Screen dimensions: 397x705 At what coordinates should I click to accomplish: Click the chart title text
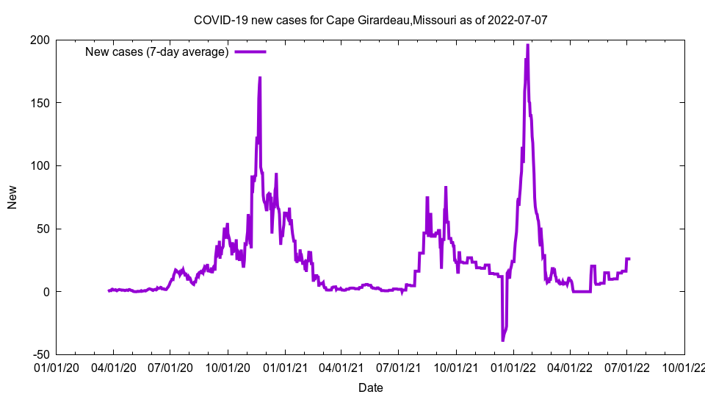(370, 20)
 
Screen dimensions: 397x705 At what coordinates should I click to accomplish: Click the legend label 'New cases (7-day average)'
(157, 51)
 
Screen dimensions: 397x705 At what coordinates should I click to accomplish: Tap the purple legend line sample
(250, 51)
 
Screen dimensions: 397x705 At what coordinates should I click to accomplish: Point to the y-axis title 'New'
(12, 197)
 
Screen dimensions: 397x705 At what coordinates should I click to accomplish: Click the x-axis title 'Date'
(370, 387)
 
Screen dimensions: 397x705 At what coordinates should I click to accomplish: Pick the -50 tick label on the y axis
(39, 354)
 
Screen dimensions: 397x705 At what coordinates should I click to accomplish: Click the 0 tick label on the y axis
(46, 291)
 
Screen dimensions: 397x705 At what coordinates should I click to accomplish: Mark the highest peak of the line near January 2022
(527, 45)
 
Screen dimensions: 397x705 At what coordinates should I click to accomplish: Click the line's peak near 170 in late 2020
(260, 78)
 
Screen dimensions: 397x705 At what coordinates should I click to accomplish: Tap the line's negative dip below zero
(503, 340)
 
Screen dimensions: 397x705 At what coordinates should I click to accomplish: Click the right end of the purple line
(629, 259)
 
